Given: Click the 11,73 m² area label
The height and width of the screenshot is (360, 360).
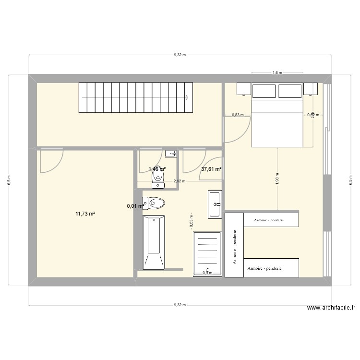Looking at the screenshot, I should (85, 214).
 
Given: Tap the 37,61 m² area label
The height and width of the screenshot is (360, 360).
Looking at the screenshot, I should (211, 169).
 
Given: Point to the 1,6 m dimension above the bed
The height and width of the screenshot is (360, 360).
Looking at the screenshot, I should (277, 73).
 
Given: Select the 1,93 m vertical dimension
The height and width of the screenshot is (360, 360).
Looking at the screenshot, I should (278, 178).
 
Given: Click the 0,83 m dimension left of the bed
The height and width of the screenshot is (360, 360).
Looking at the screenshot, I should (238, 115).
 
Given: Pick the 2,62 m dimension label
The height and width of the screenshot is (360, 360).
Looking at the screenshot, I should (179, 181).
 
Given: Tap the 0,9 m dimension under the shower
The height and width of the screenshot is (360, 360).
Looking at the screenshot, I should (207, 273).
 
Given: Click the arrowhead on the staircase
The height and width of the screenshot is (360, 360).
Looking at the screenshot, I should (186, 97).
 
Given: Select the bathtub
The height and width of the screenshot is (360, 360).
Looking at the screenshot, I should (154, 240).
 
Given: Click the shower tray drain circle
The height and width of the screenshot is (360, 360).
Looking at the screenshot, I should (207, 269).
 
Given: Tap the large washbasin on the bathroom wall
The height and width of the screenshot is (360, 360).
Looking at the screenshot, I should (215, 204).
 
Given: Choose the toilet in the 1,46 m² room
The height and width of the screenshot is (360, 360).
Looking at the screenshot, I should (157, 179).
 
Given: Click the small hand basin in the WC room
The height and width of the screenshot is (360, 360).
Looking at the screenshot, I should (171, 154).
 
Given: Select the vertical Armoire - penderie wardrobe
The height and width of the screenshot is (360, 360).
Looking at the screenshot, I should (234, 245).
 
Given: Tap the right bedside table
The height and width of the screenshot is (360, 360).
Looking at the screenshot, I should (311, 89).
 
